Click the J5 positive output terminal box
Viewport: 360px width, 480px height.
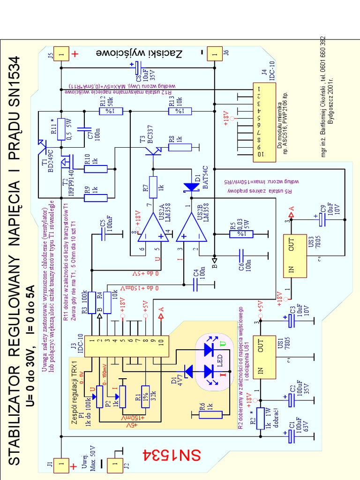[61, 53]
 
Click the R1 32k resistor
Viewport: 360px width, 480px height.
[145, 396]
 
